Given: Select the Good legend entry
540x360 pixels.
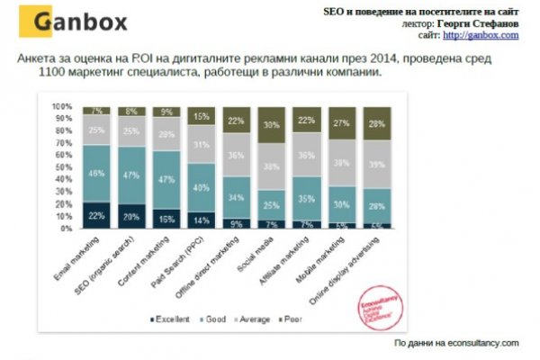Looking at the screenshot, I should (213, 319).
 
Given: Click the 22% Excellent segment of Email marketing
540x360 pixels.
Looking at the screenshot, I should (95, 214).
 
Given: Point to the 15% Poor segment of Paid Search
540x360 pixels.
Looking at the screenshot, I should (202, 116).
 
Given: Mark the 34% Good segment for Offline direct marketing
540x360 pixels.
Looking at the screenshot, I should (237, 196).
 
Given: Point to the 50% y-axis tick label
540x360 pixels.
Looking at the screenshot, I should (65, 167).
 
